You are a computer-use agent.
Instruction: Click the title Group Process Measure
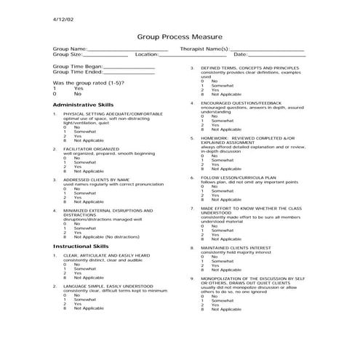[x=180, y=36]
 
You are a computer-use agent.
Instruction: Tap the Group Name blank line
[x=127, y=49]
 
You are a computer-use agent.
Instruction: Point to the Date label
[x=240, y=54]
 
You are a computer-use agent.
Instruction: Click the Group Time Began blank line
[x=129, y=67]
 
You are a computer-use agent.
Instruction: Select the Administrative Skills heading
[x=83, y=105]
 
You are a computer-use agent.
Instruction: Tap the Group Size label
[x=67, y=54]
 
